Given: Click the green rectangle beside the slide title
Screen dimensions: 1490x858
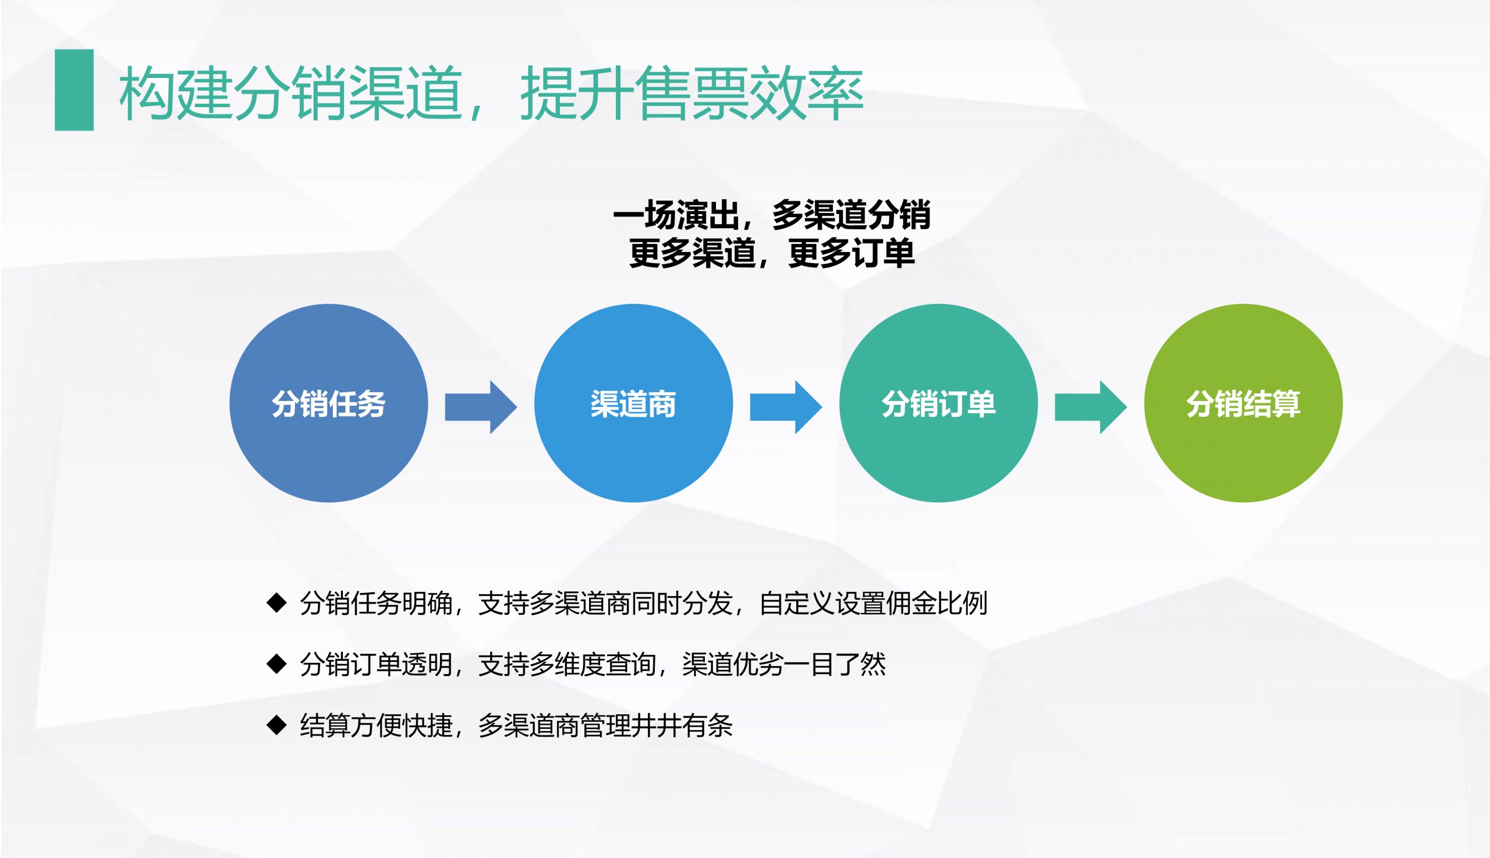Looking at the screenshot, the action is (74, 90).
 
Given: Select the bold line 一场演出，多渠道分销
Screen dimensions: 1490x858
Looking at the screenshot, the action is (772, 214).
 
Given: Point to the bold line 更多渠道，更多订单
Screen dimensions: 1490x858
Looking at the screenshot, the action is (772, 253).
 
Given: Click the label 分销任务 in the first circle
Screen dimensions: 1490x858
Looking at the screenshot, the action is (329, 404).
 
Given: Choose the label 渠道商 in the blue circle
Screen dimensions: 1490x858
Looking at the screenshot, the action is (633, 404).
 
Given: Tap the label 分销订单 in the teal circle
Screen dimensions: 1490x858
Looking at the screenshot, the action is (939, 404).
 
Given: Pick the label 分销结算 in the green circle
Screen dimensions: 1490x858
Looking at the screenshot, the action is (1243, 404).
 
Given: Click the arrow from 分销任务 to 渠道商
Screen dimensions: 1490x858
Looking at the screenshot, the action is (481, 407).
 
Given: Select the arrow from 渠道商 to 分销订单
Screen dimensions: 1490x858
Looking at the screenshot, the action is (786, 407).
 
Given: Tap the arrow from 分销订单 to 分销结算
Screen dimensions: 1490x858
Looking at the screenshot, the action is (1091, 407).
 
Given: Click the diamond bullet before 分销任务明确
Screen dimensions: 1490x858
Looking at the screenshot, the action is (276, 603).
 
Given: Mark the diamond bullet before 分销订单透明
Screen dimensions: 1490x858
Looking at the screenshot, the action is (276, 664).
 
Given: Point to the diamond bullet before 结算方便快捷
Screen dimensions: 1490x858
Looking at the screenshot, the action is (276, 725).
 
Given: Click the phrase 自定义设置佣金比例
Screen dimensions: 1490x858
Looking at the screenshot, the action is (873, 604).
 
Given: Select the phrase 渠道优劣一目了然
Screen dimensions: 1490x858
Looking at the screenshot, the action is (783, 665).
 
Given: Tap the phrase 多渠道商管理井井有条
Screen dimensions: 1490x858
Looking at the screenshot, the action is (605, 725).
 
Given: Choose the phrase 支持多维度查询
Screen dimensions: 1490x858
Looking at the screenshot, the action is (567, 665).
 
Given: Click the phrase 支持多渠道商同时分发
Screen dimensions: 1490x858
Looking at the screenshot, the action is (605, 604).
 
